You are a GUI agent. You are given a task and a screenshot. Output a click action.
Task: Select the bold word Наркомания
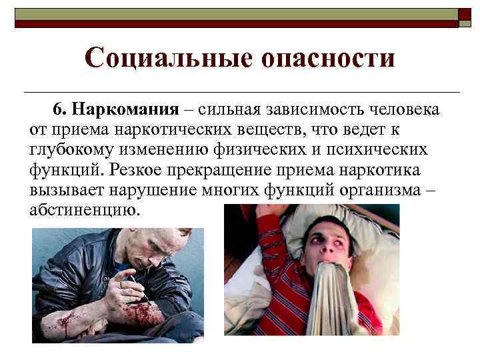tap(126, 109)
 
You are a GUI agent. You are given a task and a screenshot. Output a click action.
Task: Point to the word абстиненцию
tap(85, 211)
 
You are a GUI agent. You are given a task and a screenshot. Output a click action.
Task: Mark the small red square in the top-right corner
tap(465, 17)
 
